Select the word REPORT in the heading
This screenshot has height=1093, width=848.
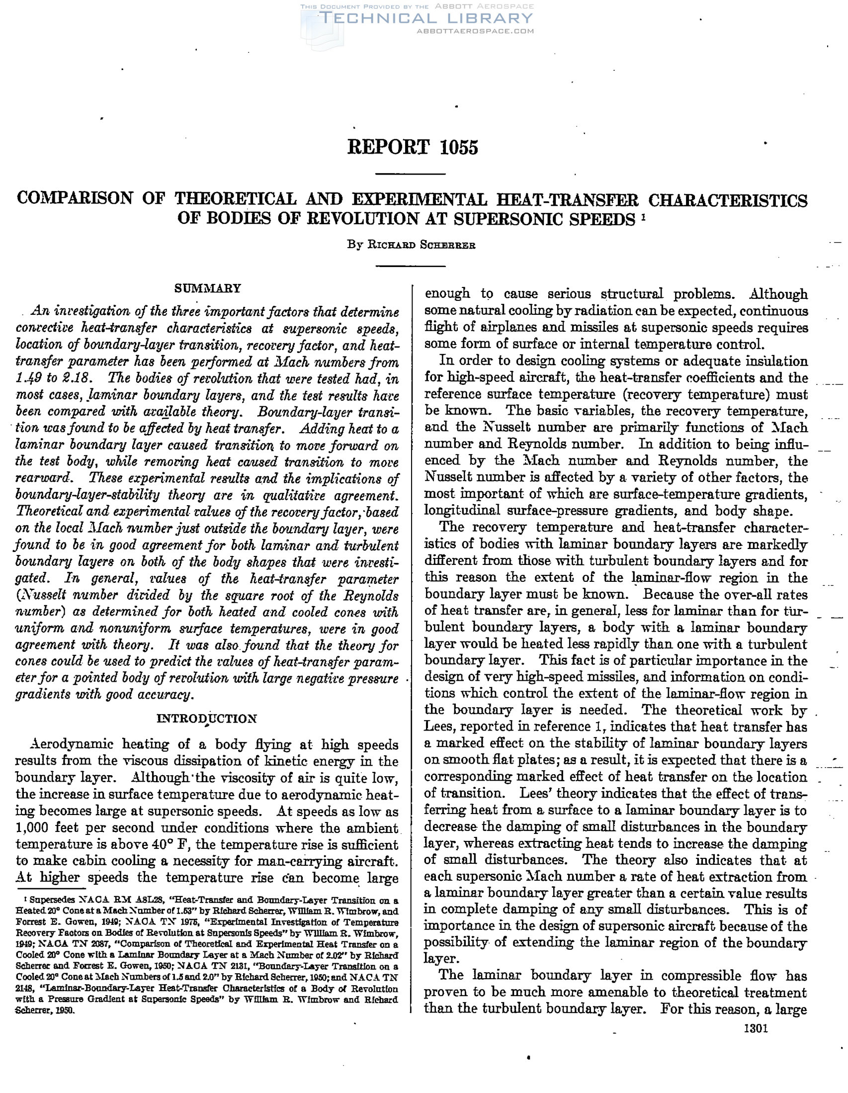click(x=389, y=147)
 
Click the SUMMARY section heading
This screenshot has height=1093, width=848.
click(x=207, y=288)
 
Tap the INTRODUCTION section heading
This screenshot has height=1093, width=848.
click(x=207, y=719)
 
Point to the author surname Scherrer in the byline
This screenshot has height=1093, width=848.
click(x=448, y=245)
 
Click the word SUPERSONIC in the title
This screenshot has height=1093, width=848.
click(x=518, y=219)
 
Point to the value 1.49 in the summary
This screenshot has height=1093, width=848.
click(x=28, y=378)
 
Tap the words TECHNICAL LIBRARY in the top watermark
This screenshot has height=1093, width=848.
click(x=427, y=18)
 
